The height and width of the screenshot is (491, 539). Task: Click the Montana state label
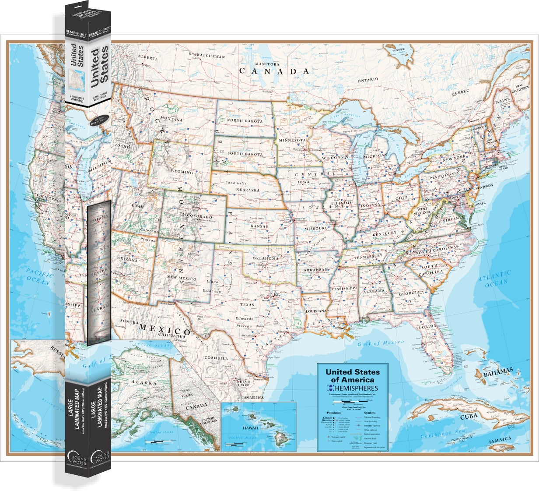pyautogui.click(x=171, y=119)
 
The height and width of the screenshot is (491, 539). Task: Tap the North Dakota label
pyautogui.click(x=245, y=121)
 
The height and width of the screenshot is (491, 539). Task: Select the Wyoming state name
pyautogui.click(x=182, y=172)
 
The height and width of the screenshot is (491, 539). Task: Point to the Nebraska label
pyautogui.click(x=248, y=191)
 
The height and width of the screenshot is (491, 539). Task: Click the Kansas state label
pyautogui.click(x=259, y=226)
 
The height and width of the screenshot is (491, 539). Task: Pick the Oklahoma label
pyautogui.click(x=266, y=258)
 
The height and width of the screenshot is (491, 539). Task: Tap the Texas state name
pyautogui.click(x=247, y=304)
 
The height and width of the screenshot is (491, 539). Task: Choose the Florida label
pyautogui.click(x=426, y=327)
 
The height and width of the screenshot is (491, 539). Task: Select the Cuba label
pyautogui.click(x=469, y=416)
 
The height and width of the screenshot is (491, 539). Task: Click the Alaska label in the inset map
pyautogui.click(x=144, y=382)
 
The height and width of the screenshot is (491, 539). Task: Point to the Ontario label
pyautogui.click(x=367, y=80)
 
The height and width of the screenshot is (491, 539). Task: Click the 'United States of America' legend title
pyautogui.click(x=353, y=376)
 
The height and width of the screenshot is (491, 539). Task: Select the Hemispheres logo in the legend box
pyautogui.click(x=353, y=388)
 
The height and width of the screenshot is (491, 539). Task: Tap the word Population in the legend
pyautogui.click(x=334, y=413)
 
